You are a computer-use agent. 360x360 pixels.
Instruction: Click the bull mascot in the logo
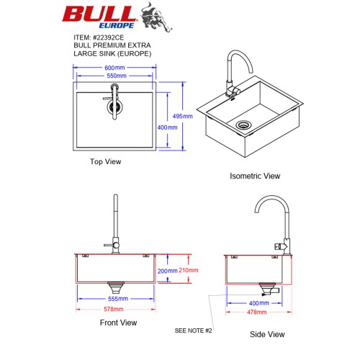click(x=156, y=17)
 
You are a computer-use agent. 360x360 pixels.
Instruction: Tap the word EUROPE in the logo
click(x=117, y=25)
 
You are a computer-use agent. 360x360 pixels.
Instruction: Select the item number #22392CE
click(x=109, y=37)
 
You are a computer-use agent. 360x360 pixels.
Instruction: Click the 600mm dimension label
click(x=114, y=68)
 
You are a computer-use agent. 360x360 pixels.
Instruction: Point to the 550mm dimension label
click(x=117, y=76)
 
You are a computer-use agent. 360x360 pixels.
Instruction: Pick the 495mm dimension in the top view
click(x=183, y=116)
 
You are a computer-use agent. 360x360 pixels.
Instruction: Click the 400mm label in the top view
click(x=167, y=127)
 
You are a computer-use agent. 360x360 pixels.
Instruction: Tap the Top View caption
click(x=106, y=161)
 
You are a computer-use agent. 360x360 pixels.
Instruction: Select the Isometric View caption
click(x=255, y=176)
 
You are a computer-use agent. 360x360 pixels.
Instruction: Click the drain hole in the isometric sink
click(x=243, y=125)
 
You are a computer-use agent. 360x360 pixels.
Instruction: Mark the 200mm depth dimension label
click(x=167, y=271)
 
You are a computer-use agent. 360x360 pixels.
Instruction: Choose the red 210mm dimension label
click(x=189, y=270)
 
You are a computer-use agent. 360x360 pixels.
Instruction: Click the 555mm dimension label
click(x=118, y=299)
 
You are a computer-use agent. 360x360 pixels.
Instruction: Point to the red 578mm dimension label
click(x=114, y=309)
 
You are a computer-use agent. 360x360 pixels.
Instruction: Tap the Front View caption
click(x=118, y=323)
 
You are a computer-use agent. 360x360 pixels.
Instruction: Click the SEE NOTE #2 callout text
click(x=193, y=330)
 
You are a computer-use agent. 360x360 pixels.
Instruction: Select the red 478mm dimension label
click(x=257, y=312)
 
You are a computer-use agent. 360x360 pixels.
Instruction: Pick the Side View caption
click(x=267, y=334)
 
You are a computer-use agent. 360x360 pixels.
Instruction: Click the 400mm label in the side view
click(x=259, y=303)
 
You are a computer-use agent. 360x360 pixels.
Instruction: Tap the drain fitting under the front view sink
click(x=116, y=287)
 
